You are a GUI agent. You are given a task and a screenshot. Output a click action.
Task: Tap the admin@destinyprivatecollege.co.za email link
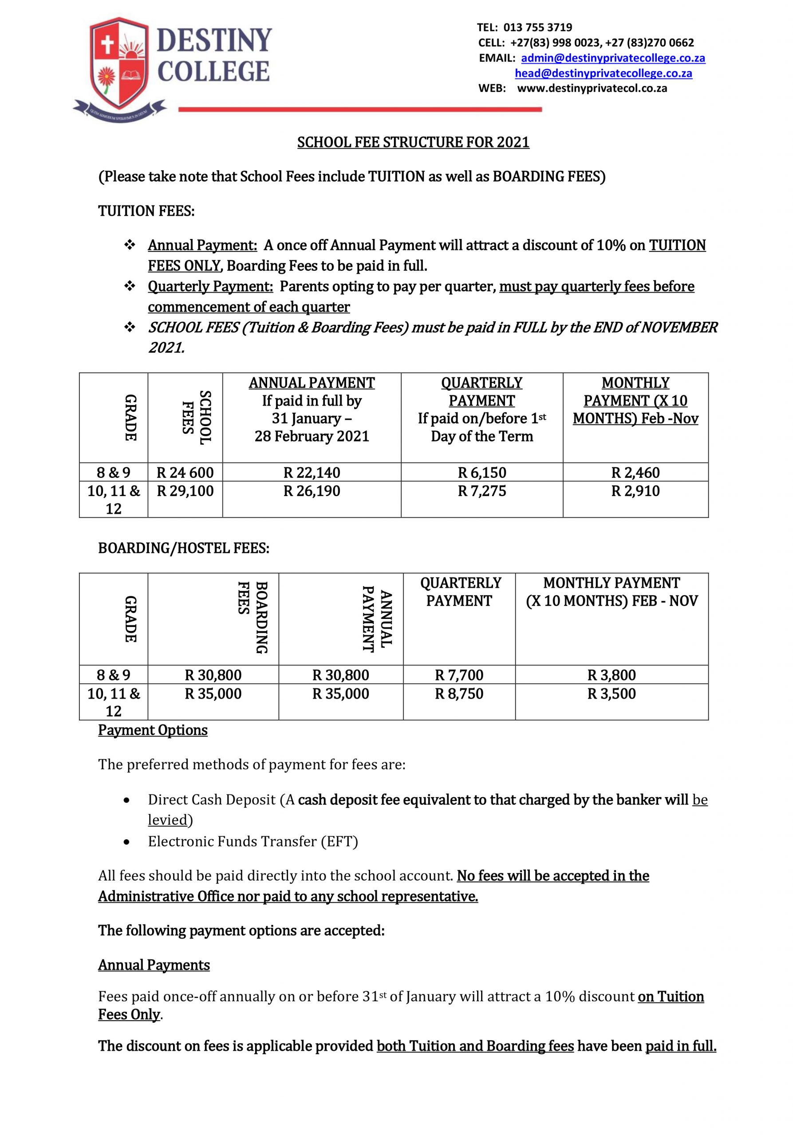(613, 58)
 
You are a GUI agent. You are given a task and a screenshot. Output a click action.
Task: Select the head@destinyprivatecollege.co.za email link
(603, 73)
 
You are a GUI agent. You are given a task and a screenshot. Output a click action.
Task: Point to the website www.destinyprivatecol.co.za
(592, 89)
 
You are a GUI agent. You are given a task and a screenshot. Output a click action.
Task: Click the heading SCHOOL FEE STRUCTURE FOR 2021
(413, 142)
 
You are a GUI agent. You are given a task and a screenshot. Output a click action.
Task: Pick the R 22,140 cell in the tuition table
(312, 473)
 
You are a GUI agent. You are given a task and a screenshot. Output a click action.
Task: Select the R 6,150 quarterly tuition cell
(482, 473)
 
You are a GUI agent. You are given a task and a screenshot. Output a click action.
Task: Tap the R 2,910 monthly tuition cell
(635, 491)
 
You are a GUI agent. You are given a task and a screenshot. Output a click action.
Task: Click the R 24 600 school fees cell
(185, 473)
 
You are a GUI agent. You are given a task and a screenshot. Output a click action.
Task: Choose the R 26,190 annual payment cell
(312, 491)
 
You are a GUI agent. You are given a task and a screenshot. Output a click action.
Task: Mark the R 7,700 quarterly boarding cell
(459, 675)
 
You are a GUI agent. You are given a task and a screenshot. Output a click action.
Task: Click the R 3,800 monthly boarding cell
(612, 675)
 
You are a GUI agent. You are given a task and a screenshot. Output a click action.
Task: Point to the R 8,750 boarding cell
(459, 693)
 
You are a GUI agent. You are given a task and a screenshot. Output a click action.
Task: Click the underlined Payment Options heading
(152, 730)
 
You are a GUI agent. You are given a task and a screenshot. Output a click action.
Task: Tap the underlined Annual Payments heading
(154, 964)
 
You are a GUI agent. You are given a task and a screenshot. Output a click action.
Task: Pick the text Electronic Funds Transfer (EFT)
(253, 841)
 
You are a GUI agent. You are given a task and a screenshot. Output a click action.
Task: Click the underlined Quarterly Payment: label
(210, 286)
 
